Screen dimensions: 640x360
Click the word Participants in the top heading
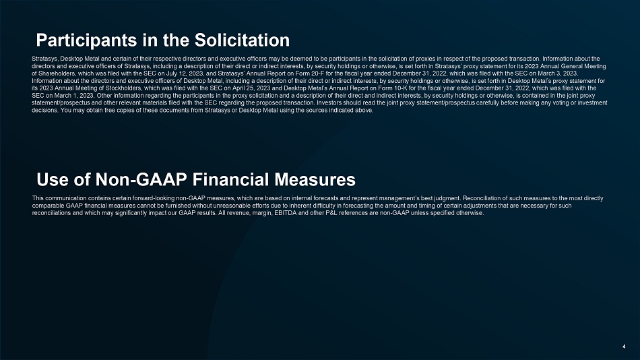pyautogui.click(x=86, y=40)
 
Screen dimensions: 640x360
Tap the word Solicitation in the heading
pyautogui.click(x=242, y=40)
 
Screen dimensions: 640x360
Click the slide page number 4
pyautogui.click(x=624, y=347)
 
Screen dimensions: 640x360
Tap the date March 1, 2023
pyautogui.click(x=70, y=96)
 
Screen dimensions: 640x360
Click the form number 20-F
pyautogui.click(x=325, y=73)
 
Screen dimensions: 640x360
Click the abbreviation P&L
pyautogui.click(x=331, y=213)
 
